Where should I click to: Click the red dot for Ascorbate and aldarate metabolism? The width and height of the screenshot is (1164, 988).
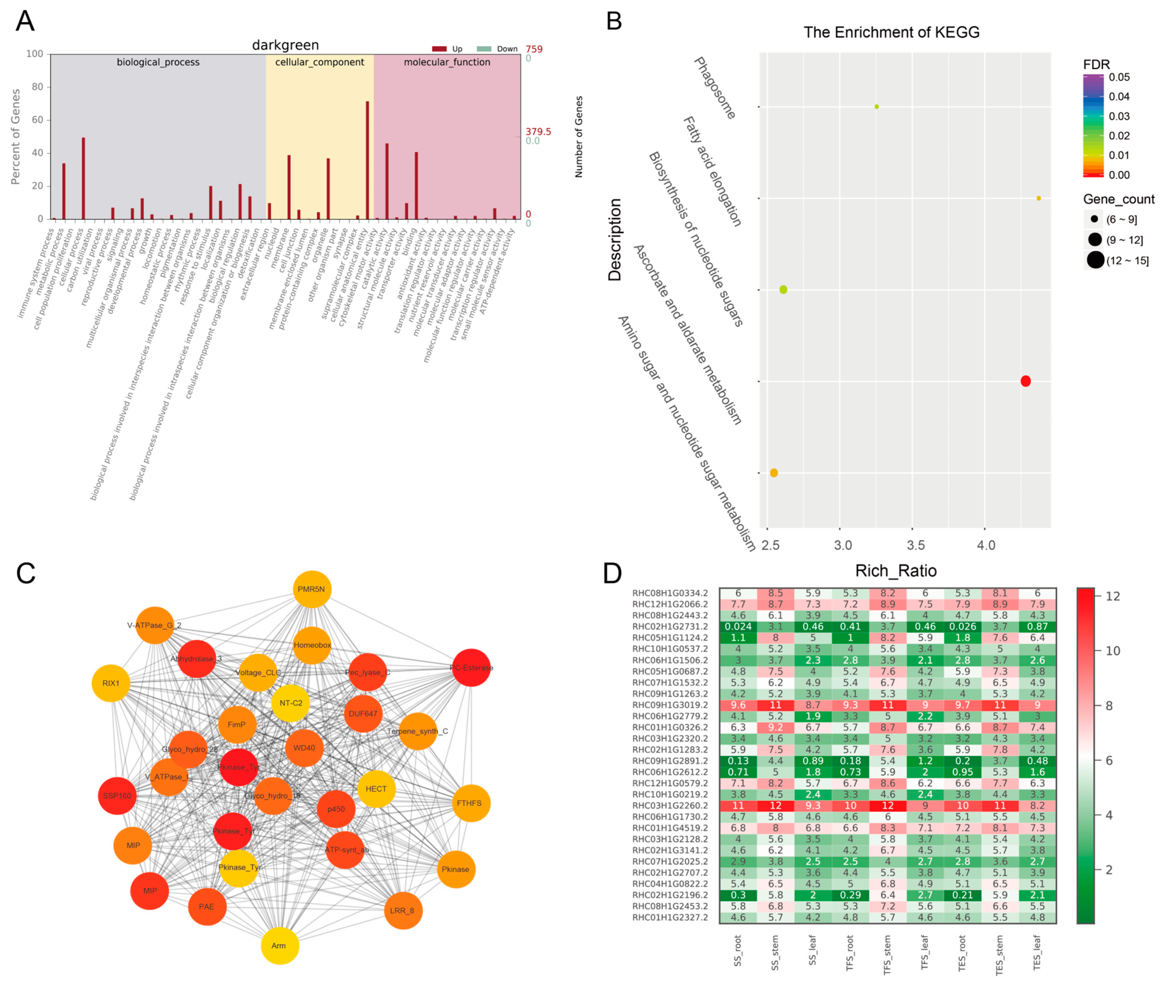point(1025,381)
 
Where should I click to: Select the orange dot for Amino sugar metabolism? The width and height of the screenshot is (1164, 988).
point(774,473)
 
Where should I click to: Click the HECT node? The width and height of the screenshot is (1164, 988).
point(376,789)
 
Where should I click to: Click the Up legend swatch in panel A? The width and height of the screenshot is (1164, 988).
point(439,49)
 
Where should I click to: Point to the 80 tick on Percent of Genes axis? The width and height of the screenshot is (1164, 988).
point(37,87)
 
